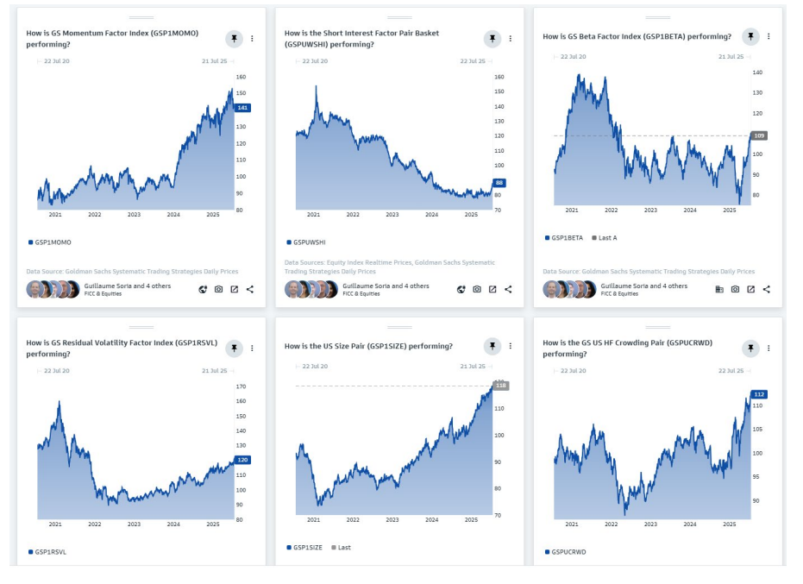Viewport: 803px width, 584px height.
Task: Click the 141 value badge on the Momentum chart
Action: (242, 108)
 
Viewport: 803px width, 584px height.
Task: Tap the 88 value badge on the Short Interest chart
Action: (499, 183)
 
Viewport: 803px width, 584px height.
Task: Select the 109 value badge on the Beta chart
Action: (759, 135)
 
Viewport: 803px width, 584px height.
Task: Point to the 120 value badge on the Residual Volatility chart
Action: (242, 460)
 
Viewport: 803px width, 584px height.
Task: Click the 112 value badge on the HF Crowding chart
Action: (759, 394)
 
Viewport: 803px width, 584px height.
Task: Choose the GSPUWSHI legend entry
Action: (309, 242)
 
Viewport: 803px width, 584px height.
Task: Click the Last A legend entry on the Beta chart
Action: (606, 237)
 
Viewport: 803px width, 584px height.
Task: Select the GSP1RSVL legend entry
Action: (50, 551)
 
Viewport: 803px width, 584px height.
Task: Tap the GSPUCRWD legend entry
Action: (567, 551)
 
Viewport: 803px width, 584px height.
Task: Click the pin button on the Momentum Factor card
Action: (234, 38)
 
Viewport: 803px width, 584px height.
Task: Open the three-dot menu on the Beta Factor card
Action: (768, 36)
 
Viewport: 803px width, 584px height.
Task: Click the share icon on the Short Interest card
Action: (508, 289)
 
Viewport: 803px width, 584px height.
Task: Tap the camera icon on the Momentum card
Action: (218, 289)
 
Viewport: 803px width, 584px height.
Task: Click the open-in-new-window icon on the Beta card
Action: (750, 289)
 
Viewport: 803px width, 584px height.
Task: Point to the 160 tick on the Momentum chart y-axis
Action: (241, 77)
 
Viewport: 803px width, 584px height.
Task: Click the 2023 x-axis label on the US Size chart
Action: (392, 520)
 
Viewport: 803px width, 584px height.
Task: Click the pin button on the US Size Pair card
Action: (492, 346)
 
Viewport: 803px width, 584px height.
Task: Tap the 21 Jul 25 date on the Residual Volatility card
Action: (214, 371)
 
